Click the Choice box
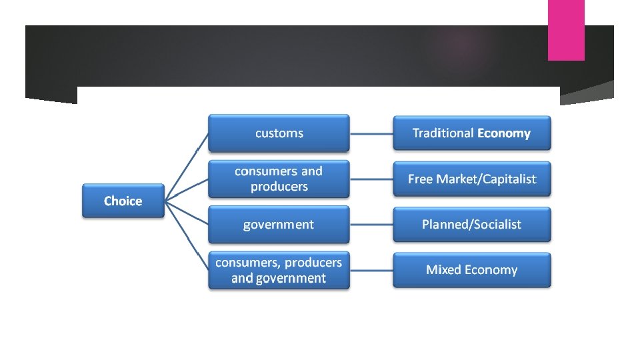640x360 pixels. tap(123, 201)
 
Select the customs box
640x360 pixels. tap(279, 133)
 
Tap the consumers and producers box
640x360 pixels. tap(279, 179)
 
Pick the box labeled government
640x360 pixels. tap(279, 225)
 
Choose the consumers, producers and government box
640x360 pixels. tap(279, 270)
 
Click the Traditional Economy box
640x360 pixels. tap(471, 133)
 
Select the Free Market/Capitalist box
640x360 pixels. tap(471, 179)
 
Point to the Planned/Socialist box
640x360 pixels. tap(471, 225)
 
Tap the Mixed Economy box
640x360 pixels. tap(471, 270)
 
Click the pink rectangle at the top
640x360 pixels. tap(566, 30)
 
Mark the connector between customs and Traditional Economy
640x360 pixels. tap(371, 133)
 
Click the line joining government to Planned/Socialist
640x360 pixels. tap(371, 225)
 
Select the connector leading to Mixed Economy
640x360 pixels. tap(371, 270)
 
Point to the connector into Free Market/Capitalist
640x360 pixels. tap(371, 179)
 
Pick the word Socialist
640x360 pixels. tap(497, 225)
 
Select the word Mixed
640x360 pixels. tap(443, 270)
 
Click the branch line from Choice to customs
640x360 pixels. tap(187, 167)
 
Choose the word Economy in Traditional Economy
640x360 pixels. tap(504, 133)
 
